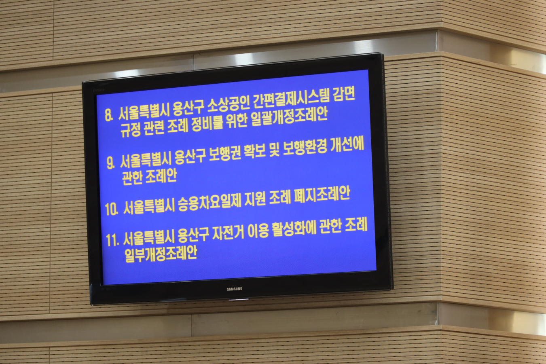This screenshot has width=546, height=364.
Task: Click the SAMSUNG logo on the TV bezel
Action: (235, 289)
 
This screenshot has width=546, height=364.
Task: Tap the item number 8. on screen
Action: (109, 115)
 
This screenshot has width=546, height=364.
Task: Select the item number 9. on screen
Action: (111, 163)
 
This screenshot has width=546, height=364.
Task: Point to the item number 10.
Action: (112, 209)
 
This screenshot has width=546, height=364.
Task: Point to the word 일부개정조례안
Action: (161, 254)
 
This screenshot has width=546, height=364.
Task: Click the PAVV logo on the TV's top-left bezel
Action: (98, 90)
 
